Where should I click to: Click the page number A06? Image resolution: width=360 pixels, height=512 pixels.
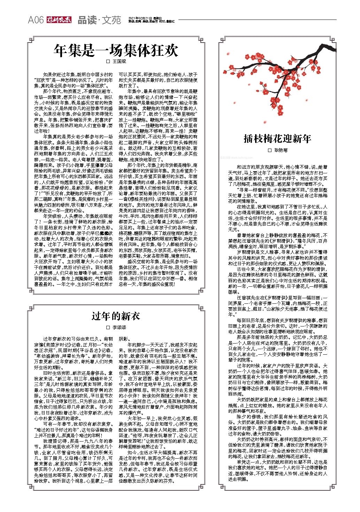[36, 20]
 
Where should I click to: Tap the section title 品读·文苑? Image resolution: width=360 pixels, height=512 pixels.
[99, 20]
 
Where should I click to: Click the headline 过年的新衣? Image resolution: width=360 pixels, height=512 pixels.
[116, 316]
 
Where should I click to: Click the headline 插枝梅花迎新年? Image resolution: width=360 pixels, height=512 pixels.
[277, 139]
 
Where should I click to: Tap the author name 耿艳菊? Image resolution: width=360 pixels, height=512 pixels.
[281, 150]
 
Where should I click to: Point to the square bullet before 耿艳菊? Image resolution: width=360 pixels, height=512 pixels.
[269, 150]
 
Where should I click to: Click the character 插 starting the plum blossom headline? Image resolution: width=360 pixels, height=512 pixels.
[248, 139]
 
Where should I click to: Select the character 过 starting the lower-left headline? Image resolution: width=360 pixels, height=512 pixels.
[97, 316]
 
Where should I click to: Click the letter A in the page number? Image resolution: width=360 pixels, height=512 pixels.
[31, 20]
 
